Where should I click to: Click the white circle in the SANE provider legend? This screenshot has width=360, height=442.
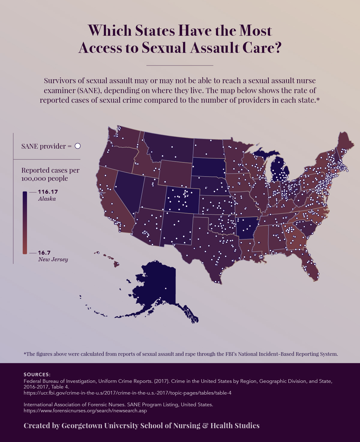click(x=78, y=146)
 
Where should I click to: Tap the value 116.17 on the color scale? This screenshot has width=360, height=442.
click(x=48, y=192)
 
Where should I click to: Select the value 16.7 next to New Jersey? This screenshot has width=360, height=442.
click(x=44, y=253)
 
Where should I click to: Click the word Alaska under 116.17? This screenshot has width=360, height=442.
click(x=47, y=199)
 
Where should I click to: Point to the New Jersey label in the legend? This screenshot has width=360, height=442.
click(x=53, y=259)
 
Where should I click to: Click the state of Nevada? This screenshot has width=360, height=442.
click(x=126, y=189)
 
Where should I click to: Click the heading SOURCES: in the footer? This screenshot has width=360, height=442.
click(x=37, y=374)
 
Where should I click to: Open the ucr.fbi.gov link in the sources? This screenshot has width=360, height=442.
click(x=127, y=393)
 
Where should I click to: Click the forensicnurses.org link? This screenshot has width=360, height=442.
click(x=85, y=410)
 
